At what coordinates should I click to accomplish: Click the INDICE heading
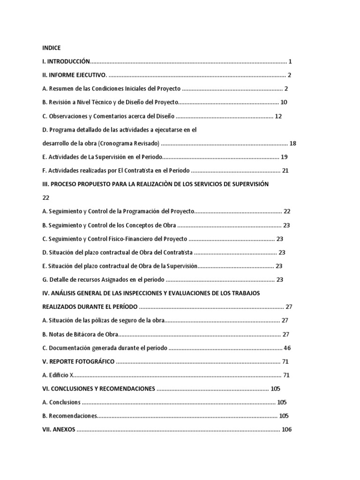click(51, 48)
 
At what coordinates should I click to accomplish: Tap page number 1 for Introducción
click(291, 61)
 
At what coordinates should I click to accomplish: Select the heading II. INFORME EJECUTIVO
click(75, 75)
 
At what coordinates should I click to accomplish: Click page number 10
click(284, 102)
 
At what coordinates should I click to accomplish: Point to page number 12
click(278, 116)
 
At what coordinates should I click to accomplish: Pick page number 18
click(293, 143)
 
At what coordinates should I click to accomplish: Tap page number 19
click(284, 157)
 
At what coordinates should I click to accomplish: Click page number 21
click(285, 170)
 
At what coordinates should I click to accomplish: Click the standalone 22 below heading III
click(45, 197)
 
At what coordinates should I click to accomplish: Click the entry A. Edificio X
click(59, 375)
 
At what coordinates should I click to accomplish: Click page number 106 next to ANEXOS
click(286, 429)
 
